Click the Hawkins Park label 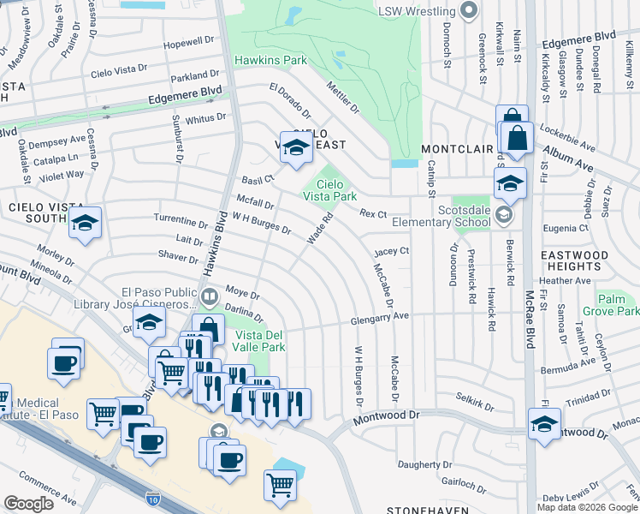coord(270,62)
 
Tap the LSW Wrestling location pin coord(468,11)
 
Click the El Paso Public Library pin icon coord(210,297)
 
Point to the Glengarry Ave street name coord(379,320)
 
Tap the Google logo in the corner coord(28,504)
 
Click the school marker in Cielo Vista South coord(85,224)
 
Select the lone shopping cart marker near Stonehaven coord(281,485)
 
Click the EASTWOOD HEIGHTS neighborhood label coord(586,261)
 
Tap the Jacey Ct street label coord(392,251)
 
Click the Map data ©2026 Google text coord(587,507)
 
